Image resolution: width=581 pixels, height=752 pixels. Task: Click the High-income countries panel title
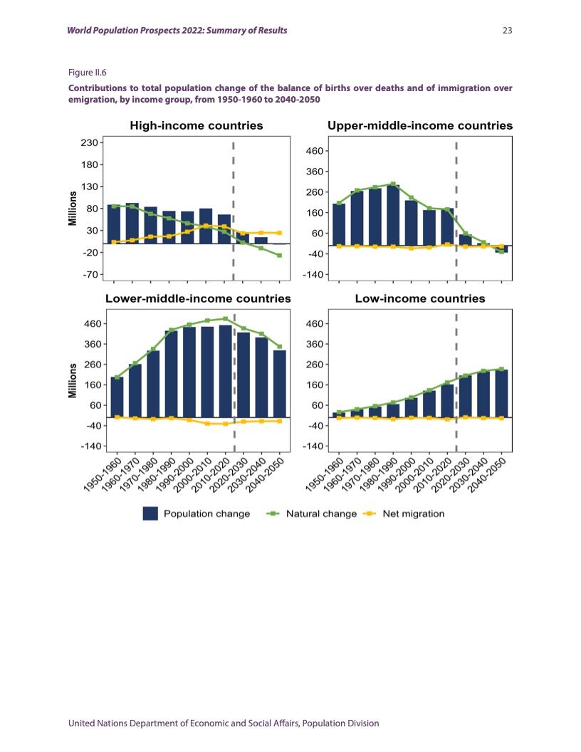(x=197, y=126)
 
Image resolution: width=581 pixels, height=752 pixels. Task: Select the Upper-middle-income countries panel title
(x=420, y=126)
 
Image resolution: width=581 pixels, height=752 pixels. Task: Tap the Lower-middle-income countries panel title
(x=198, y=299)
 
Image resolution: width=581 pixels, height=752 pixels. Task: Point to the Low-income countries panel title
(x=420, y=299)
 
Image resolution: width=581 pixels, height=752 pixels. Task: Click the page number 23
(x=508, y=31)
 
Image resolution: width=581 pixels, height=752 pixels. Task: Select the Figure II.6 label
(x=86, y=72)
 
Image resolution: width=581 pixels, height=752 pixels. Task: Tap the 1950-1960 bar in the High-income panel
(x=114, y=224)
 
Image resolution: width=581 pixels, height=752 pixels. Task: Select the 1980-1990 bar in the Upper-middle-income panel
(x=393, y=215)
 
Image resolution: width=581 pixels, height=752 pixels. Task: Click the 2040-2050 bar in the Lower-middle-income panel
(x=280, y=383)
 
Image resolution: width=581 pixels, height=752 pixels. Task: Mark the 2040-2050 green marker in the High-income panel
(x=280, y=255)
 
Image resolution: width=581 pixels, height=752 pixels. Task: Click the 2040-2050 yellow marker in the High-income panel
(x=280, y=233)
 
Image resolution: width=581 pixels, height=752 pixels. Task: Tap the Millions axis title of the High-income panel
(x=72, y=208)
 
